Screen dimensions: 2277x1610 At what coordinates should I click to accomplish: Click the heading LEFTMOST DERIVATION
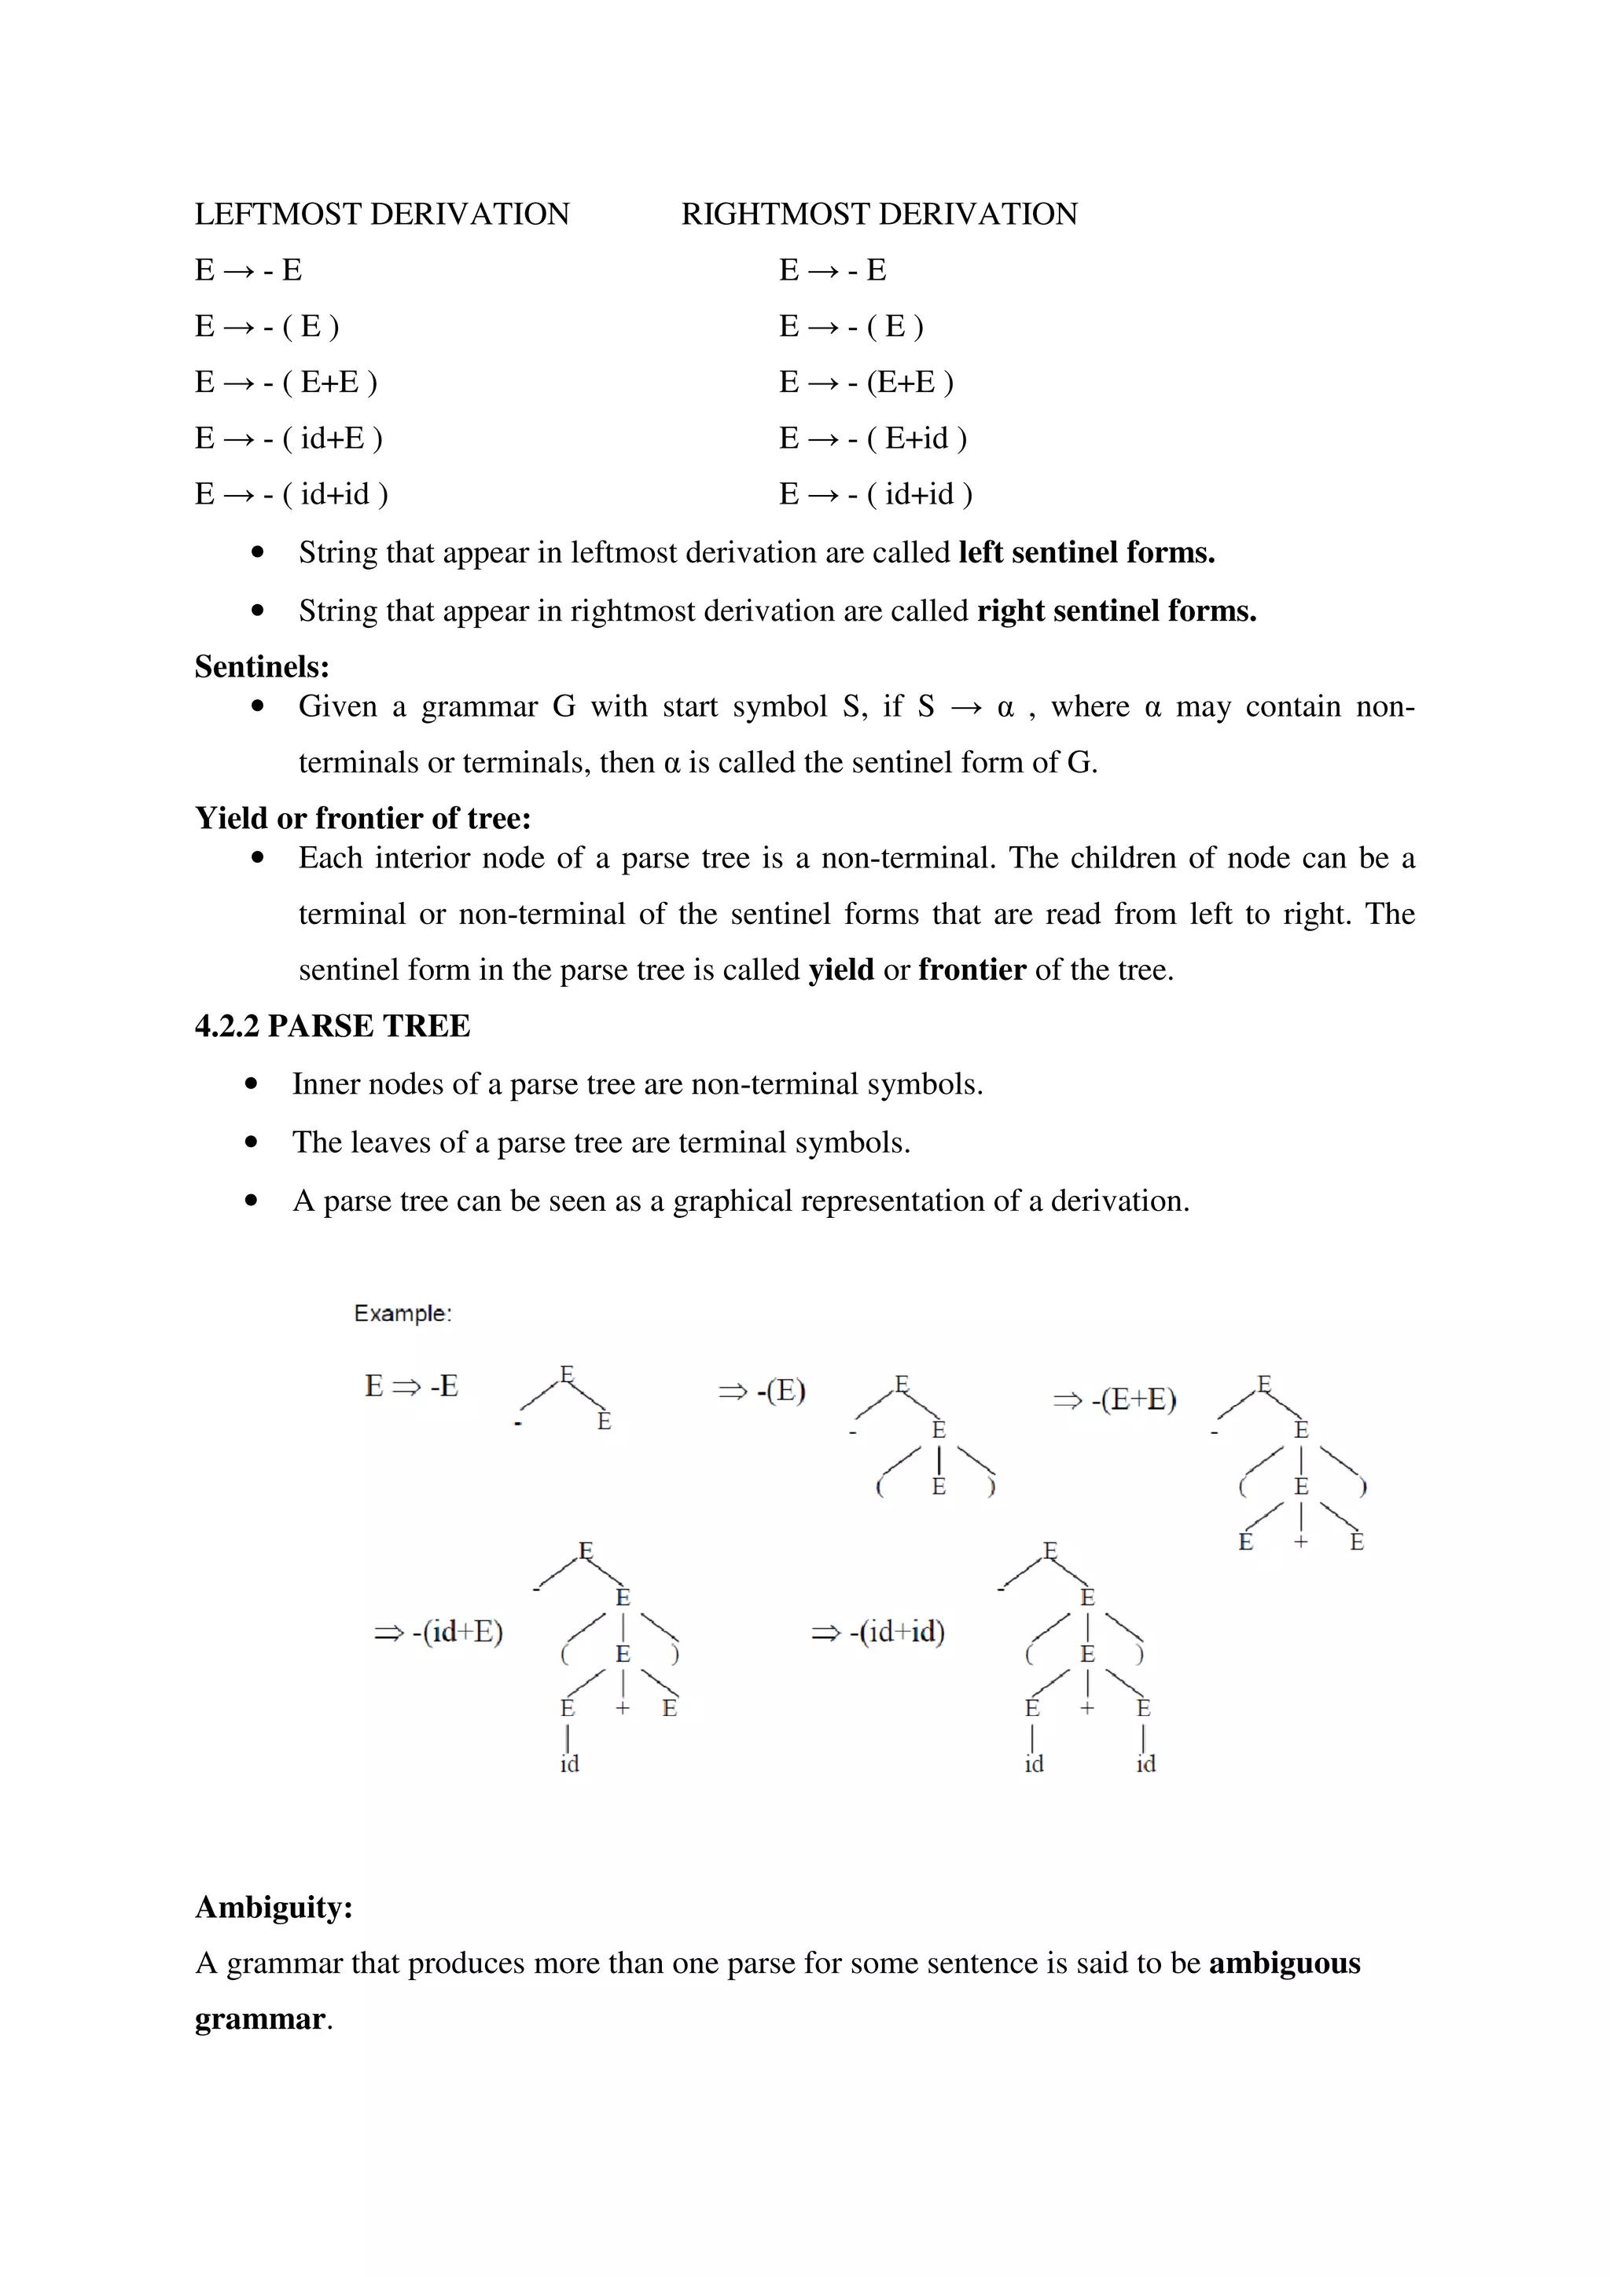[x=382, y=214]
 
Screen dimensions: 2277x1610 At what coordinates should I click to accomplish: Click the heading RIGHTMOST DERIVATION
[x=879, y=214]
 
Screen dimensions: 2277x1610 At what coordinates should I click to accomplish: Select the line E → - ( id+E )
[x=289, y=438]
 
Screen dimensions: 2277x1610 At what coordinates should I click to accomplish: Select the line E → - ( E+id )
[x=873, y=438]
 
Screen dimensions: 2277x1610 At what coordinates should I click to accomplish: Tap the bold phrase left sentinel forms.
[x=1086, y=552]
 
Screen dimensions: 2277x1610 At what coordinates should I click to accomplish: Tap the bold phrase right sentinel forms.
[x=1116, y=611]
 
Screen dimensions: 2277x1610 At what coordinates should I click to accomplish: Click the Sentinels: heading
[x=262, y=666]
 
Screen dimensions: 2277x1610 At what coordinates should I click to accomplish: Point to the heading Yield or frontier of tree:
[x=363, y=818]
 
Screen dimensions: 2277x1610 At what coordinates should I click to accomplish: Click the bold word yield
[x=841, y=970]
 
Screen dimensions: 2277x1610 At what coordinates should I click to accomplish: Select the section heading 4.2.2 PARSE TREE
[x=333, y=1025]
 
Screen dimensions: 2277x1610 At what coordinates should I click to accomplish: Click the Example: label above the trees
[x=402, y=1313]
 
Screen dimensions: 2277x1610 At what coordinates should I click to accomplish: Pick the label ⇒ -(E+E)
[x=1114, y=1400]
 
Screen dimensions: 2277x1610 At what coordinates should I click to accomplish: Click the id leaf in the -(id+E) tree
[x=569, y=1764]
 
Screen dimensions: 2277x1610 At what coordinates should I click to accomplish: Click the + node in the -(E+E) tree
[x=1300, y=1542]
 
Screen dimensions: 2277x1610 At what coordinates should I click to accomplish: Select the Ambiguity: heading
[x=274, y=1907]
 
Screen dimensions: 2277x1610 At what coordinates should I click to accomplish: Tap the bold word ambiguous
[x=1284, y=1963]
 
